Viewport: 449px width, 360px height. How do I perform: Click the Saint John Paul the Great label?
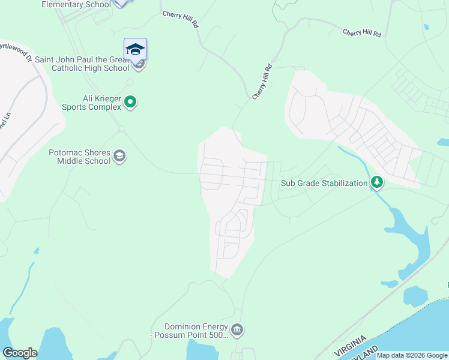pyautogui.click(x=82, y=59)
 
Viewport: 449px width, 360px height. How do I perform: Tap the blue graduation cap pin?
pyautogui.click(x=135, y=49)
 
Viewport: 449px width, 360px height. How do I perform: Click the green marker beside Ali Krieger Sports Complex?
pyautogui.click(x=130, y=103)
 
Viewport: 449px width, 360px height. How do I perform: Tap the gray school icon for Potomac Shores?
pyautogui.click(x=119, y=157)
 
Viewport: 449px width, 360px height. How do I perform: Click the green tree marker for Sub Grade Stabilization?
pyautogui.click(x=376, y=181)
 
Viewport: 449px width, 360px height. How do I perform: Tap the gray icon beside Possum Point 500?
pyautogui.click(x=237, y=330)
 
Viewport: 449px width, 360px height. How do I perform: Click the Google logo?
pyautogui.click(x=20, y=353)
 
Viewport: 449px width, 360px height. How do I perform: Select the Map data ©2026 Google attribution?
pyautogui.click(x=412, y=355)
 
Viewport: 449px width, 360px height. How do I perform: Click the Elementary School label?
pyautogui.click(x=76, y=4)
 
